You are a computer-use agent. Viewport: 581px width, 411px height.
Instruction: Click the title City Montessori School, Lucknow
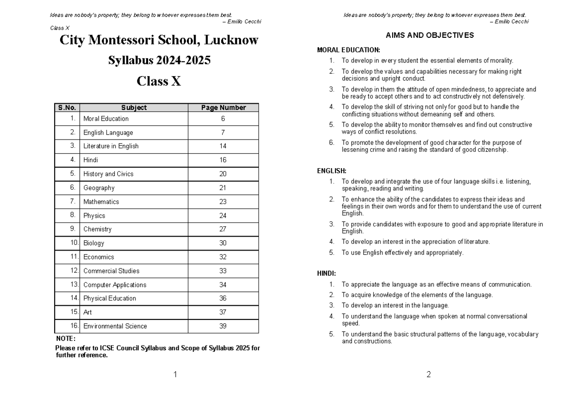click(159, 40)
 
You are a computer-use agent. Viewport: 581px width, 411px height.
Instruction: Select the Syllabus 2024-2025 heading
click(159, 61)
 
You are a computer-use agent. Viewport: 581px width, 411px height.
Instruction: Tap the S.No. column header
click(67, 108)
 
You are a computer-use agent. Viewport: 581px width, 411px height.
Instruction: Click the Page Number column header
click(223, 108)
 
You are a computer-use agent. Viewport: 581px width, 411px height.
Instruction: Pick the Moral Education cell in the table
click(106, 119)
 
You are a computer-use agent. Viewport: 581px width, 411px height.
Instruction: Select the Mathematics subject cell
click(101, 202)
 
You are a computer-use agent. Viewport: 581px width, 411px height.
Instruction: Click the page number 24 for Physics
click(223, 216)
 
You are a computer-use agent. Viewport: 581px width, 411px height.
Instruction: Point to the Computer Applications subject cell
click(115, 285)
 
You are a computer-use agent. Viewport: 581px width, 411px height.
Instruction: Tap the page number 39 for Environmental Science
click(223, 326)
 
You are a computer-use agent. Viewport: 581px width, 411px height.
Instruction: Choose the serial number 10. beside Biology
click(74, 243)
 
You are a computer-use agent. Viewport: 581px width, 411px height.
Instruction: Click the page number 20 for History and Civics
click(223, 174)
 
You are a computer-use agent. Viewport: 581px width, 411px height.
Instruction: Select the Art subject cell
click(88, 313)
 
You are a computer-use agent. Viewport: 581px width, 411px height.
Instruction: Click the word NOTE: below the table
click(65, 339)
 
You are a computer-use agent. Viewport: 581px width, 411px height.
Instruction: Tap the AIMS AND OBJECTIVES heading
click(429, 35)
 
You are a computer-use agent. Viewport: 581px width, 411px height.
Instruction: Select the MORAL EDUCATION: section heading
click(349, 50)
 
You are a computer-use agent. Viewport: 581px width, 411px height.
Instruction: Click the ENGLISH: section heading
click(332, 171)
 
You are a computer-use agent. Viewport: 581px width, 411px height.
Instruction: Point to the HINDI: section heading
click(327, 274)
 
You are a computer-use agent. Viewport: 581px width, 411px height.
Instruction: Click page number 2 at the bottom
click(428, 374)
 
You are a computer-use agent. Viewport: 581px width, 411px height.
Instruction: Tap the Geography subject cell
click(99, 188)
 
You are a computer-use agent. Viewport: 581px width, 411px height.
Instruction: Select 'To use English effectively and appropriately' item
click(402, 253)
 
